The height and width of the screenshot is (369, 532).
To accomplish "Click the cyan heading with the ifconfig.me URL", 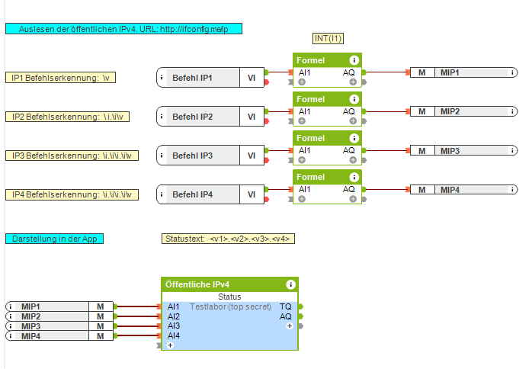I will coord(123,29).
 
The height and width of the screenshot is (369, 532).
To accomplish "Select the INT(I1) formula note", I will coord(328,38).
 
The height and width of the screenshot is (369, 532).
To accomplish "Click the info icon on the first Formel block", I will coord(354,60).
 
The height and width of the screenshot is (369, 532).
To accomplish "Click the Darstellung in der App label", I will coord(55,239).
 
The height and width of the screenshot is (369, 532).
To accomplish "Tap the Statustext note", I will coord(229,239).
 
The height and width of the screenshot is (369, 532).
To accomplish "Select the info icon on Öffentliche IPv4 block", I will coord(290,284).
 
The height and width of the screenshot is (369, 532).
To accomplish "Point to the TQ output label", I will coord(286,306).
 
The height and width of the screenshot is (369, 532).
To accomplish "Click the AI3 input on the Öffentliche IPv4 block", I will coord(174,326).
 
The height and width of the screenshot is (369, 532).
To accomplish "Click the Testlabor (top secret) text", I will coord(229,306).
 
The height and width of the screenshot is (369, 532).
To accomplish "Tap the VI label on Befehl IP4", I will coord(252,194).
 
